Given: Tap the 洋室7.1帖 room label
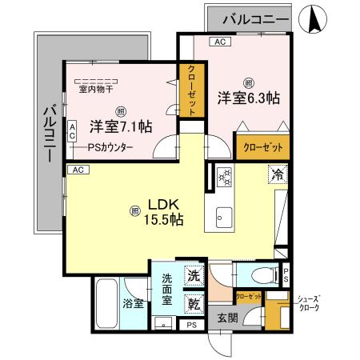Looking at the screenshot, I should pyautogui.click(x=121, y=126).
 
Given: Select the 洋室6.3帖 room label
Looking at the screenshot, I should pyautogui.click(x=248, y=98).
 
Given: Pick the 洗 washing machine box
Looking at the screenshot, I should pyautogui.click(x=194, y=275).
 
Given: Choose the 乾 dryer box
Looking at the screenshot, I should pyautogui.click(x=194, y=302).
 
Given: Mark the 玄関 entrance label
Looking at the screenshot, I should pyautogui.click(x=227, y=318).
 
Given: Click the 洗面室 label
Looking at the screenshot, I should pyautogui.click(x=167, y=290).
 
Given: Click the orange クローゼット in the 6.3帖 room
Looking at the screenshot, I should pyautogui.click(x=262, y=147).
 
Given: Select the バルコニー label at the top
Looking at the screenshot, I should pyautogui.click(x=250, y=18).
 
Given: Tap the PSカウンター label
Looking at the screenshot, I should pyautogui.click(x=111, y=147).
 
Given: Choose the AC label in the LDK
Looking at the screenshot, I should pyautogui.click(x=78, y=170).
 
